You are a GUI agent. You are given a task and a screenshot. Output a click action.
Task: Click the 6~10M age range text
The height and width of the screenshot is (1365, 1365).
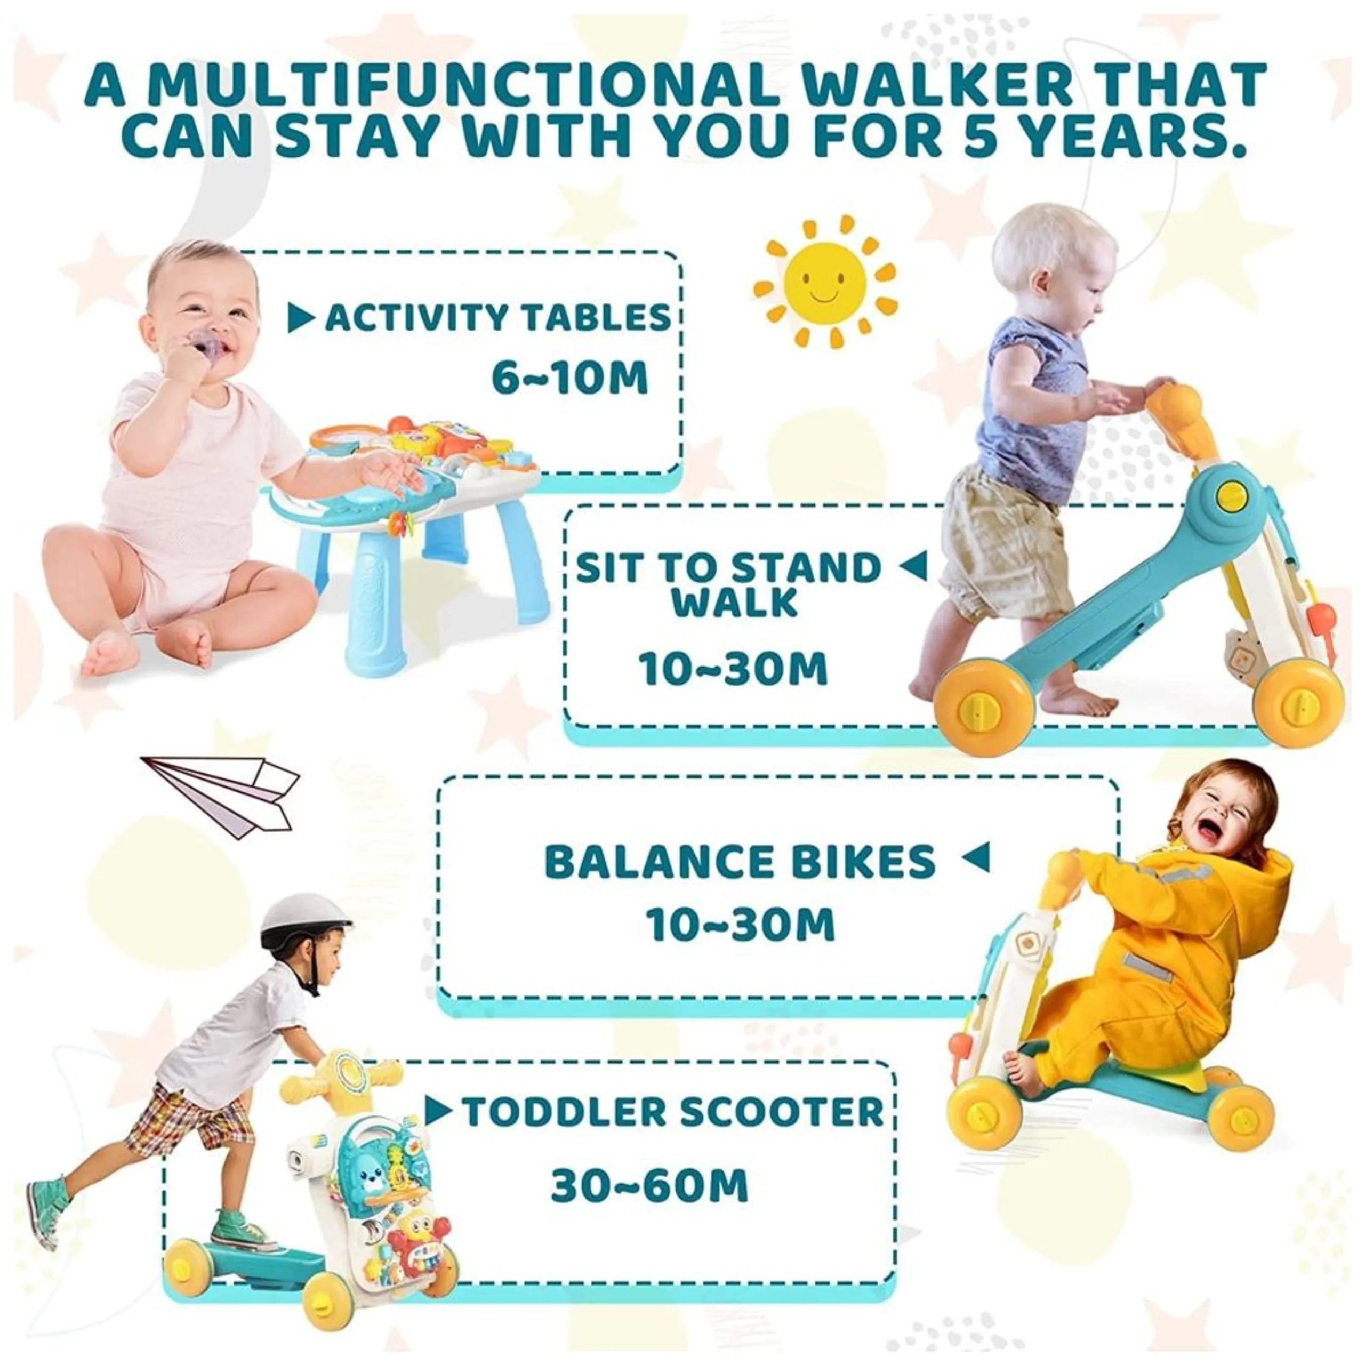pos(569,379)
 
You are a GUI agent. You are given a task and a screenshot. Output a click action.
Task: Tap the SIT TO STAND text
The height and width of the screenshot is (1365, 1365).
pos(728,567)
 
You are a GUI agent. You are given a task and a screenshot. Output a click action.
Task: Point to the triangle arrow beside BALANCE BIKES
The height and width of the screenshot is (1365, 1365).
pos(976,858)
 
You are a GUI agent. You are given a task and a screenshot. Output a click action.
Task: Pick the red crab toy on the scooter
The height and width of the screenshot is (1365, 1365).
pos(408,1265)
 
